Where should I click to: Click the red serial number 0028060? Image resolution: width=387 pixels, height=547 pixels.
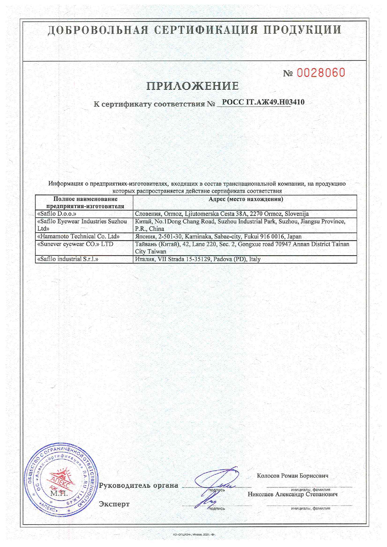click(321, 73)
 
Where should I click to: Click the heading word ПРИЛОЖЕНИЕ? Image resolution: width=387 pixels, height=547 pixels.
click(193, 86)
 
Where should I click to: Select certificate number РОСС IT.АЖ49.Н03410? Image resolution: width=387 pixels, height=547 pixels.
click(263, 102)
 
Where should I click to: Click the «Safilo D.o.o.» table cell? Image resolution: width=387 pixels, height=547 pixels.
click(57, 214)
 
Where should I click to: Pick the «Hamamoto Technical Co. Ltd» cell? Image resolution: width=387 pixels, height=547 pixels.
click(78, 236)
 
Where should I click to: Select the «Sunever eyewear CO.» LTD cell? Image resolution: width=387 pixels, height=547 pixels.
click(75, 244)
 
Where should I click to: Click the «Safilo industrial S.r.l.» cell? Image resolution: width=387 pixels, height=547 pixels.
click(68, 259)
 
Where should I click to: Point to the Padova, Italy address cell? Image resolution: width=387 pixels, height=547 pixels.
click(198, 259)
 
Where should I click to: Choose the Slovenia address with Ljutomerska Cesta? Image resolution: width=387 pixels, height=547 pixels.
click(222, 214)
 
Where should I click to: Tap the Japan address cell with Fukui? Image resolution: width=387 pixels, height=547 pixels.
click(218, 236)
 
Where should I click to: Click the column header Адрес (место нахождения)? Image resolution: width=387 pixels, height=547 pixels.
click(246, 199)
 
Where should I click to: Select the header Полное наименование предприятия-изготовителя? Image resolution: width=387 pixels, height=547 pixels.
click(85, 202)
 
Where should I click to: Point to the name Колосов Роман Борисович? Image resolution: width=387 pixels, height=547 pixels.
click(292, 476)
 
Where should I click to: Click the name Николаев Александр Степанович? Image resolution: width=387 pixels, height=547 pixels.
click(292, 494)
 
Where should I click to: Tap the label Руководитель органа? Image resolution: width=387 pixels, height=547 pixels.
click(139, 486)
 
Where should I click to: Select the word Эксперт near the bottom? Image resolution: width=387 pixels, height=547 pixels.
click(114, 504)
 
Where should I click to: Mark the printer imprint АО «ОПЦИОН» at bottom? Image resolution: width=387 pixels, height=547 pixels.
click(194, 535)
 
